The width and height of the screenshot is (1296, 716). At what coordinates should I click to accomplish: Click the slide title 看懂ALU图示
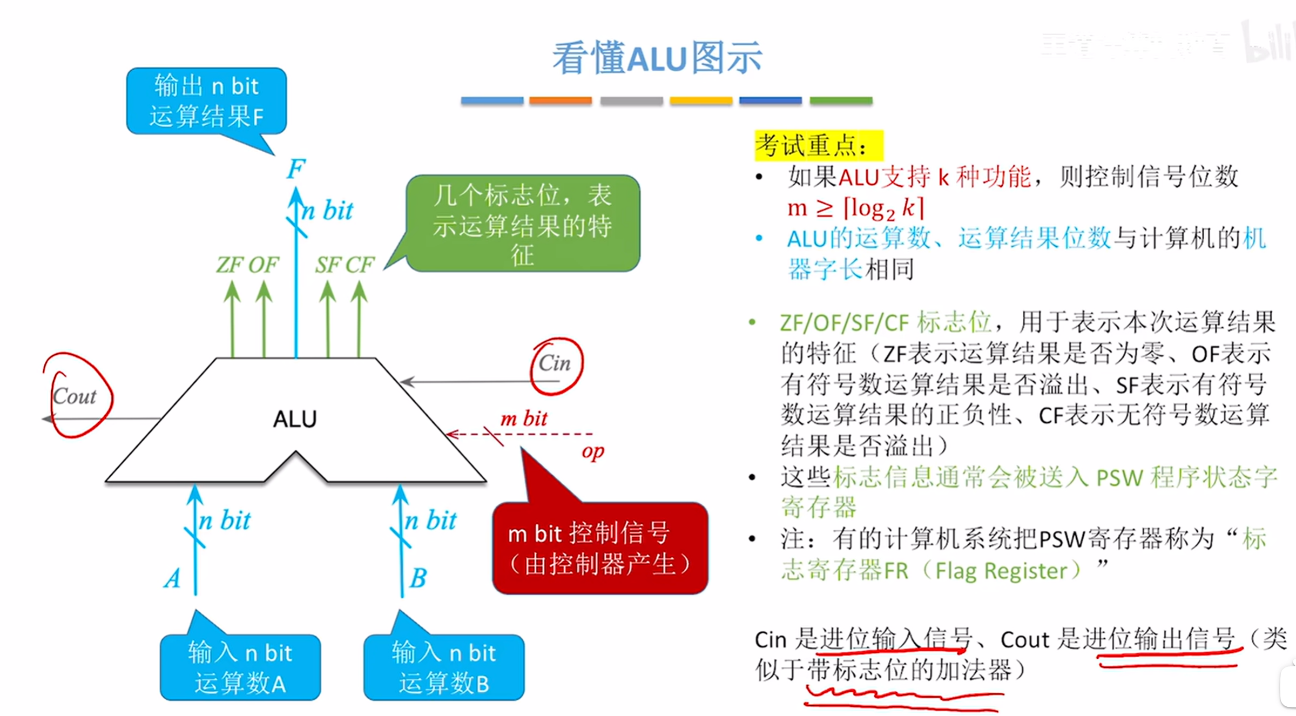click(x=657, y=58)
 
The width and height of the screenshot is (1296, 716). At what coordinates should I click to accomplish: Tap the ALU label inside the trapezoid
click(x=295, y=419)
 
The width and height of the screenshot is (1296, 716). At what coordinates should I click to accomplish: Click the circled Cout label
click(x=75, y=397)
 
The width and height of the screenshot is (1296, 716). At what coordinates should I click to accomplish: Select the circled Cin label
click(x=555, y=363)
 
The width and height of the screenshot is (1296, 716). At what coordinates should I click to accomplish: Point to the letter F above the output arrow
click(x=296, y=169)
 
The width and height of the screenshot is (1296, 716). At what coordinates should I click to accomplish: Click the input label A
click(x=173, y=578)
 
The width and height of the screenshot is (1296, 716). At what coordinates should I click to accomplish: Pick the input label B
click(x=418, y=578)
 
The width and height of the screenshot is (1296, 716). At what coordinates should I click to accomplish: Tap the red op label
click(x=592, y=451)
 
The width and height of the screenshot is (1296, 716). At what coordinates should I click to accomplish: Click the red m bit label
click(x=523, y=418)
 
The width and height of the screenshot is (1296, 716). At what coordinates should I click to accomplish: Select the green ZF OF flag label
click(x=247, y=265)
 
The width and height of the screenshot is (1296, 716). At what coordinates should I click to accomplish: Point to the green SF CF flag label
click(x=345, y=265)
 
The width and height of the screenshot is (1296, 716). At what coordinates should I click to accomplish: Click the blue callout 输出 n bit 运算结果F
click(x=206, y=101)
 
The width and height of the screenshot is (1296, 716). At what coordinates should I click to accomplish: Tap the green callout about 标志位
click(x=522, y=224)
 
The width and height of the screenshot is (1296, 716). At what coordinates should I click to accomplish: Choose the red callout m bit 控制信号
click(x=599, y=548)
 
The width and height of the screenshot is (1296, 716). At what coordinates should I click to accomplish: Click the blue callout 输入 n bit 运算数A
click(x=240, y=667)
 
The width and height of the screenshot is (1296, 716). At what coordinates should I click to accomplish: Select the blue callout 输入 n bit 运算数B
click(x=444, y=667)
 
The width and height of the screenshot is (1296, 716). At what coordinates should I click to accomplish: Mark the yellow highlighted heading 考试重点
click(x=818, y=146)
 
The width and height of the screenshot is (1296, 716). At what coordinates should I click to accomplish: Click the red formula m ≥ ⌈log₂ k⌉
click(x=855, y=208)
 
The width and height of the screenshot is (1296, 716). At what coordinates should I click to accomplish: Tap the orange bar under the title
click(x=561, y=101)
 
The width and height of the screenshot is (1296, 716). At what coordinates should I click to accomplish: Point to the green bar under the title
click(x=841, y=101)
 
